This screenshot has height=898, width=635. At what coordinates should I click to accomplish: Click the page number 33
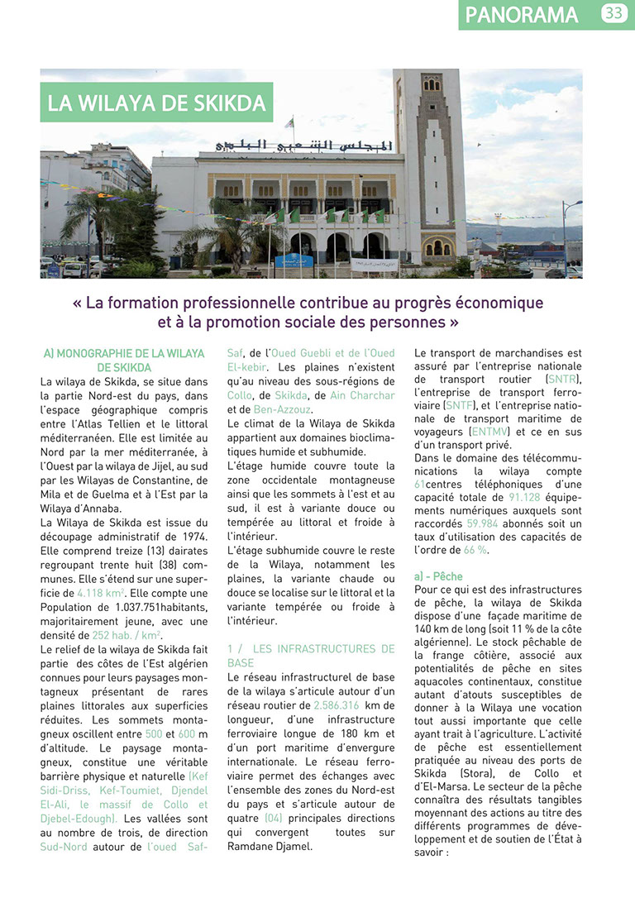[614, 13]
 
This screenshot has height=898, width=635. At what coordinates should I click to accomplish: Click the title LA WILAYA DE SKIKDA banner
[156, 103]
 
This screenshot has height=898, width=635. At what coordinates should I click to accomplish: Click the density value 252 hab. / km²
[127, 635]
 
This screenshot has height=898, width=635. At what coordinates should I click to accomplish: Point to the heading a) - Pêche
[439, 576]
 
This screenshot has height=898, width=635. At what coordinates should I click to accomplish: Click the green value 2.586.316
[337, 705]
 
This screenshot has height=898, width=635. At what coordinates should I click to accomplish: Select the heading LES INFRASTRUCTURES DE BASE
[311, 656]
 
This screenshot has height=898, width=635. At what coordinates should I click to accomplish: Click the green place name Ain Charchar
[362, 395]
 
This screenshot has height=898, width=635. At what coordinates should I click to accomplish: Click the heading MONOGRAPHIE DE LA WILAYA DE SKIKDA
[124, 361]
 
